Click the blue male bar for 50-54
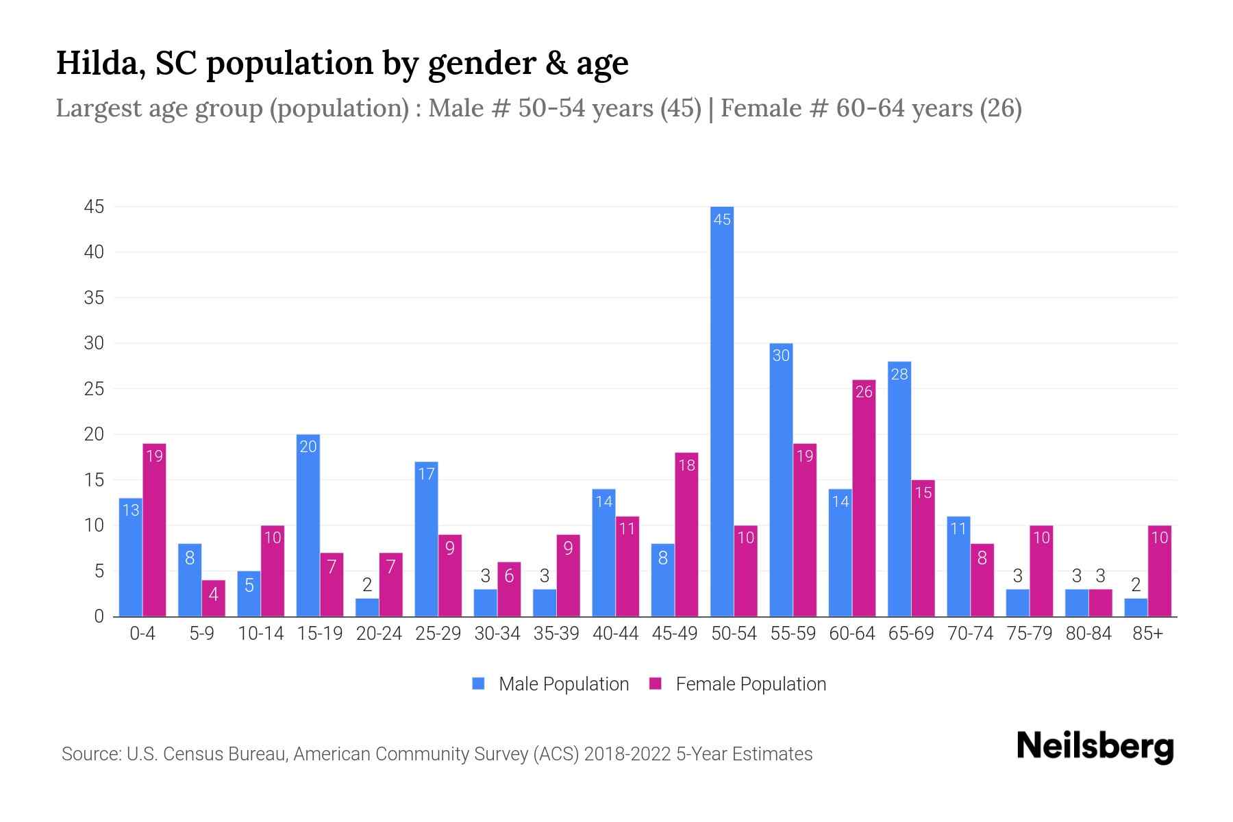722,411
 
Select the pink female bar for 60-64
864,498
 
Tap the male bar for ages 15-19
308,525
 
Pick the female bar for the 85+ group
1160,571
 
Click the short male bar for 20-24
367,608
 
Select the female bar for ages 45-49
686,534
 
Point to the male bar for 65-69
899,489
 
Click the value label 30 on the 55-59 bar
781,356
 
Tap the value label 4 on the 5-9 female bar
214,594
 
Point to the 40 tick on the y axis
94,252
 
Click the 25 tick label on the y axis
94,389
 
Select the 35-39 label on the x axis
556,634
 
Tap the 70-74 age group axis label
970,634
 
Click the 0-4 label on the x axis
142,634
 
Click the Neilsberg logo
1095,747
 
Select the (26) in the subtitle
1001,108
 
